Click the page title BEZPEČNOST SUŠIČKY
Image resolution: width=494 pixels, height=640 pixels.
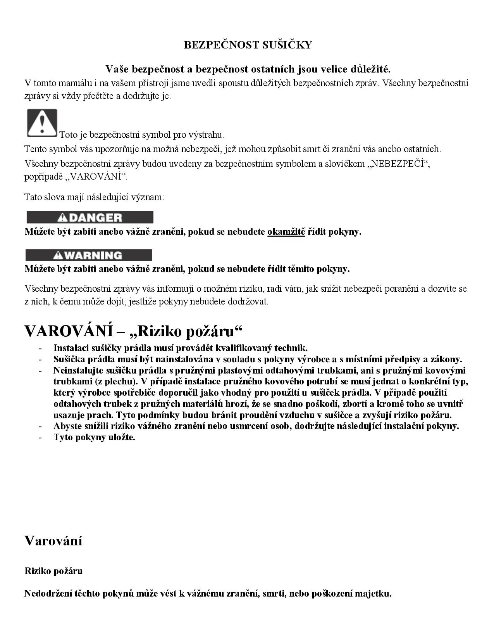coord(248,45)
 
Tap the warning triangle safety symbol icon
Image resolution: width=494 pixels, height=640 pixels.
coord(42,123)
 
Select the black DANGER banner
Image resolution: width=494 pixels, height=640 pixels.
coord(90,217)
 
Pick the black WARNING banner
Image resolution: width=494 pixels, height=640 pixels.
coord(89,255)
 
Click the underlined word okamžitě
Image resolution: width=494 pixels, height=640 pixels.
coord(286,232)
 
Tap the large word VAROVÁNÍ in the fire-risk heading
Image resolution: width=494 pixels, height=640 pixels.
coord(69,331)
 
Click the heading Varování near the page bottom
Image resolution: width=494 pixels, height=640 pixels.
coord(53,540)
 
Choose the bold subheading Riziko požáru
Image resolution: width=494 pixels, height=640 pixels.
coord(53,571)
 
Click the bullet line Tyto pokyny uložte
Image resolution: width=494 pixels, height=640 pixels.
coord(94,437)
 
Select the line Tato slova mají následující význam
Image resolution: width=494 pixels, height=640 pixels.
coord(94,197)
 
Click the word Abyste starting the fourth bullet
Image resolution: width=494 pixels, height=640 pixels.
coord(67,426)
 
